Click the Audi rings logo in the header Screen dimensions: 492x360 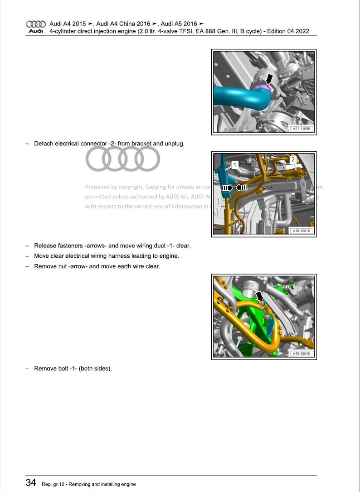point(36,24)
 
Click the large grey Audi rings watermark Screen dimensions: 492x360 point(123,159)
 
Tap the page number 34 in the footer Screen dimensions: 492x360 point(31,483)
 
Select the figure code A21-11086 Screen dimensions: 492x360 point(302,129)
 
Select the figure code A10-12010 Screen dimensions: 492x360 point(302,231)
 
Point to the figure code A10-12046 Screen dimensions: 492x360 point(302,353)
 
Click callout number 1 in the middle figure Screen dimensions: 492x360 point(235,165)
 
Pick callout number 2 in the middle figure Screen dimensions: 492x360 point(293,159)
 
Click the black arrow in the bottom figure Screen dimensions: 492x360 point(259,296)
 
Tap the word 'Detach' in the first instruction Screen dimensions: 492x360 point(44,144)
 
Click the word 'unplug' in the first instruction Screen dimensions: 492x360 point(174,144)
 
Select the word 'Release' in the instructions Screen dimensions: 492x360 point(45,246)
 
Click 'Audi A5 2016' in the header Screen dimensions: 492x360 point(179,24)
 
